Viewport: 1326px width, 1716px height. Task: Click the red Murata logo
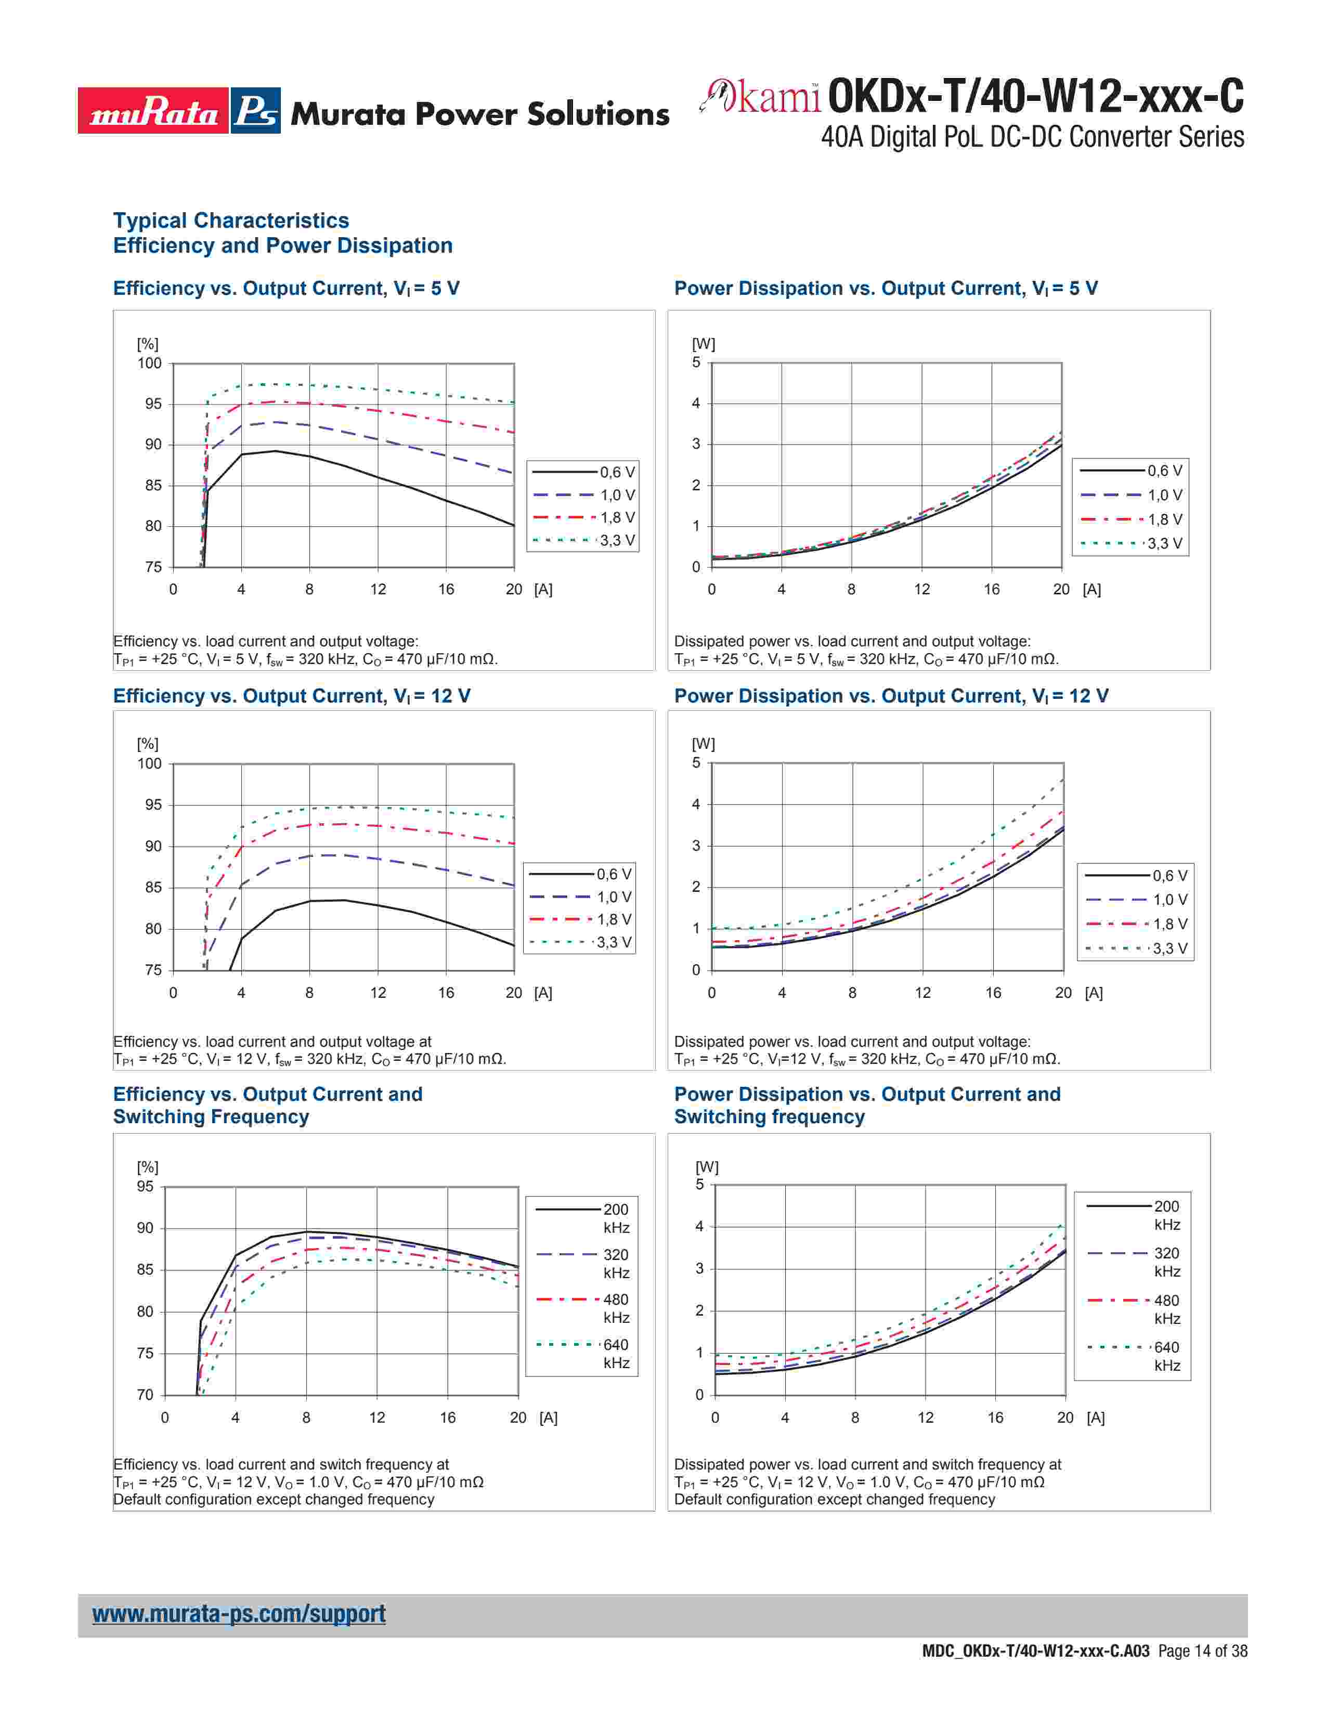coord(153,111)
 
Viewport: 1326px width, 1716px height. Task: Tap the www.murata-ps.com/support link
coord(239,1614)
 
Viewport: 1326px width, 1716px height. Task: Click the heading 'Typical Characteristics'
coord(231,221)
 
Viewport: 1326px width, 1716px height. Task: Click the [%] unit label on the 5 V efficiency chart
coord(148,344)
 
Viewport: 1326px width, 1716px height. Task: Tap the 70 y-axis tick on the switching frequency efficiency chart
coord(145,1395)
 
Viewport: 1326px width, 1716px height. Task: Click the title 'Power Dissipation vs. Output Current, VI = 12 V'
coord(891,696)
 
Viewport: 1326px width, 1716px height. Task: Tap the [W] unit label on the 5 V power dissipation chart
coord(703,344)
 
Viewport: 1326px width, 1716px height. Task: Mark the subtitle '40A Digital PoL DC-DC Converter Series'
coord(1032,137)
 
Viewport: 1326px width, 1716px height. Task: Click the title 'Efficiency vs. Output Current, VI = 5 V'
coord(286,289)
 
